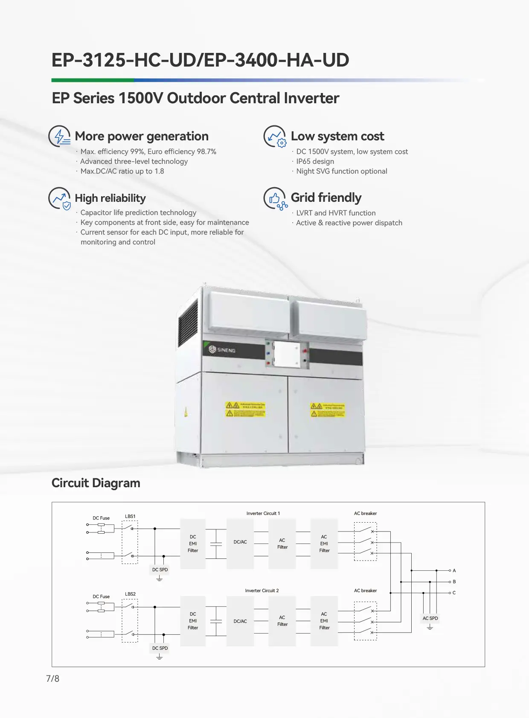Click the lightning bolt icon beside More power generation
point(60,136)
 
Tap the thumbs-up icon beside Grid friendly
point(275,198)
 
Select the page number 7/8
point(52,678)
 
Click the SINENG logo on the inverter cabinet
point(222,350)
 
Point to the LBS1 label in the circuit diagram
point(130,516)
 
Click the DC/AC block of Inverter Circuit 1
point(240,542)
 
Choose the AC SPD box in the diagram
point(430,618)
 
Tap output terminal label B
point(454,581)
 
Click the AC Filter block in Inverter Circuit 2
point(282,621)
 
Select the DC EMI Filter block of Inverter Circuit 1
point(193,544)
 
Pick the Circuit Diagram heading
point(96,483)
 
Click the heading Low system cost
point(337,136)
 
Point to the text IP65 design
point(315,161)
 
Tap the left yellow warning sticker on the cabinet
point(245,409)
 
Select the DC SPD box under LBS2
point(160,648)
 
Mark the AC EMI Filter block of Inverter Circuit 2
point(324,621)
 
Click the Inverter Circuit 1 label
point(263,513)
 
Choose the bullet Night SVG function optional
point(342,171)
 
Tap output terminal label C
point(454,593)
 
